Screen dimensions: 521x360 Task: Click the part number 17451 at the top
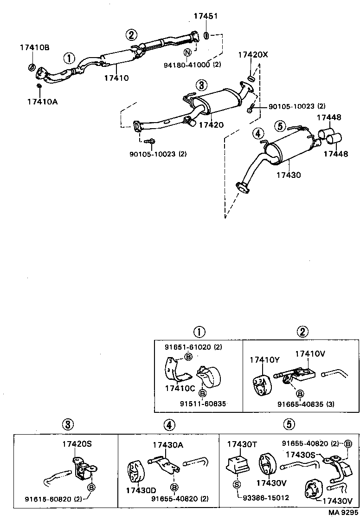[206, 16]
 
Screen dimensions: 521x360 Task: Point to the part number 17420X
[253, 55]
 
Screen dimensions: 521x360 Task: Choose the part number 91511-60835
[203, 404]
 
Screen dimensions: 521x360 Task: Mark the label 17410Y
[265, 360]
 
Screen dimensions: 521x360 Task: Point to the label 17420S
[77, 444]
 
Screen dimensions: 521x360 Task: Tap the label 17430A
[168, 444]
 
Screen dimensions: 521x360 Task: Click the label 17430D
[141, 490]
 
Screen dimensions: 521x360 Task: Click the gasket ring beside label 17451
[207, 34]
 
